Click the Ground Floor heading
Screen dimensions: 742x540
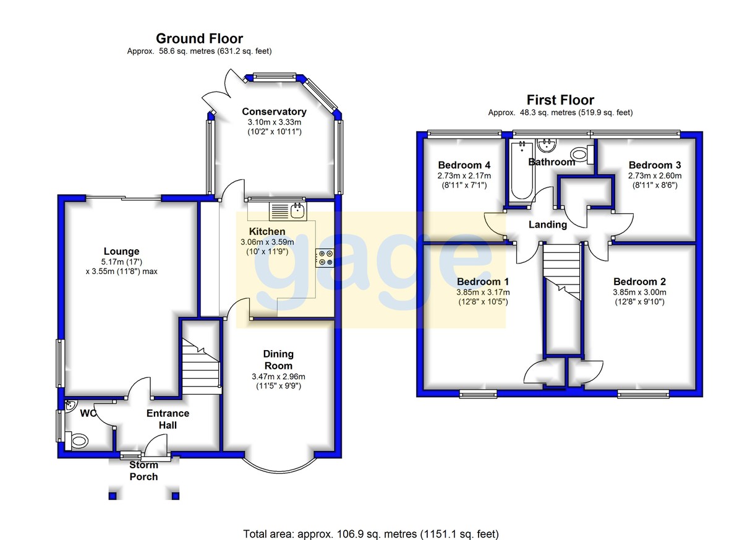pos(199,39)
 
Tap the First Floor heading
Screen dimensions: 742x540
pos(560,100)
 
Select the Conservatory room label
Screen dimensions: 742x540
pos(275,111)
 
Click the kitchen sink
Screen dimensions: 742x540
pos(288,212)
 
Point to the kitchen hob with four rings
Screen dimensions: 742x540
pos(325,258)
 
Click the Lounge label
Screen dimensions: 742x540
pos(122,252)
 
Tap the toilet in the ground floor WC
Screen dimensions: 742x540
pos(77,440)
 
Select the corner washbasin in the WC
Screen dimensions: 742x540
pos(70,406)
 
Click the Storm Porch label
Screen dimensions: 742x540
pos(143,471)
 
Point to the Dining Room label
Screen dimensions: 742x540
pos(278,360)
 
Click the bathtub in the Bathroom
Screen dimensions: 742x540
pos(522,171)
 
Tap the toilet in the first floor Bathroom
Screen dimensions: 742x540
pos(582,155)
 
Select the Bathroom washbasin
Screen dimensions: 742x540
pos(546,146)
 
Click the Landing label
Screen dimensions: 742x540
pos(548,225)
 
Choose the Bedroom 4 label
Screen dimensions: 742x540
pos(464,165)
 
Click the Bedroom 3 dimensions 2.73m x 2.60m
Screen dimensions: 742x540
pos(655,176)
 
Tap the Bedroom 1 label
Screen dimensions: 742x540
pos(483,281)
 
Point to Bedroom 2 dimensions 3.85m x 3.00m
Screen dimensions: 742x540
pos(639,292)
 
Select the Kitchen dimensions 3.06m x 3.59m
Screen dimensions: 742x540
pos(267,242)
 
